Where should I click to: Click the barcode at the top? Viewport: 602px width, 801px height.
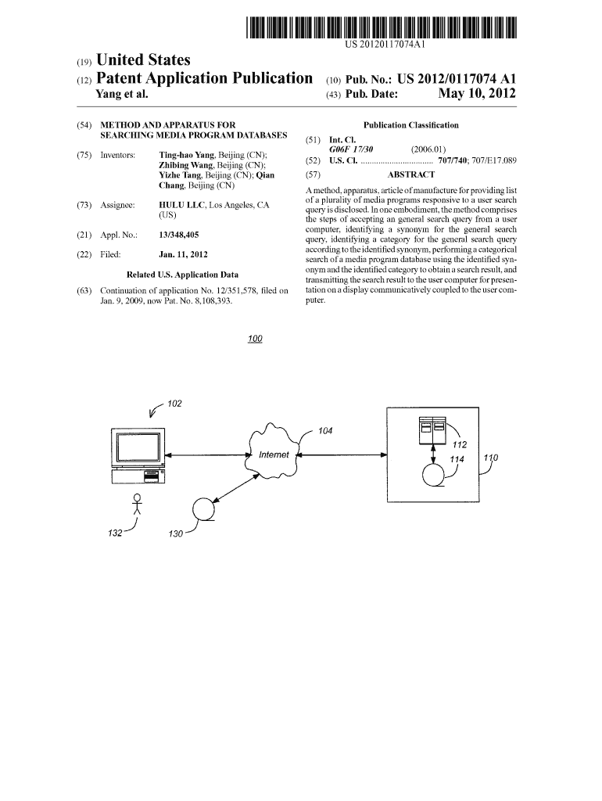coord(381,27)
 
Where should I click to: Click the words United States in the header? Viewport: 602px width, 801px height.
coord(143,60)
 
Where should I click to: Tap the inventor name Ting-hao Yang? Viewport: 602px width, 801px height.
coord(186,156)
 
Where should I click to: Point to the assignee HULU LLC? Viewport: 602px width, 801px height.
coord(182,206)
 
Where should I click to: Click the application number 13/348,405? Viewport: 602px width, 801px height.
coord(179,235)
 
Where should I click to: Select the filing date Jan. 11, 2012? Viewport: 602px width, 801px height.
coord(183,254)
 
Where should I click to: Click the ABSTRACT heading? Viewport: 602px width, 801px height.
coord(411,174)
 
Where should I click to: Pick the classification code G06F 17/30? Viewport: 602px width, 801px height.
coord(351,149)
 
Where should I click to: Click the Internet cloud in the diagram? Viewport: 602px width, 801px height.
coord(274,449)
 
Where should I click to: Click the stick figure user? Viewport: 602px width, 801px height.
coord(137,505)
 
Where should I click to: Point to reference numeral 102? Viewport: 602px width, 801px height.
coord(174,404)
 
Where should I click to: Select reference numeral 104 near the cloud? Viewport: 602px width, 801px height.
coord(325,431)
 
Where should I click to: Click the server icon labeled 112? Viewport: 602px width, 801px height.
coord(432,430)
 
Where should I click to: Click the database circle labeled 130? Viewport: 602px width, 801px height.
coord(203,509)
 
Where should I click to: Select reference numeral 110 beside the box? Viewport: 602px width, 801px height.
coord(491,458)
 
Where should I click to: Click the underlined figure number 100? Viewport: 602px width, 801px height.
coord(255,339)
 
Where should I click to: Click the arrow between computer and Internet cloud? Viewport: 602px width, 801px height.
coord(206,454)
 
